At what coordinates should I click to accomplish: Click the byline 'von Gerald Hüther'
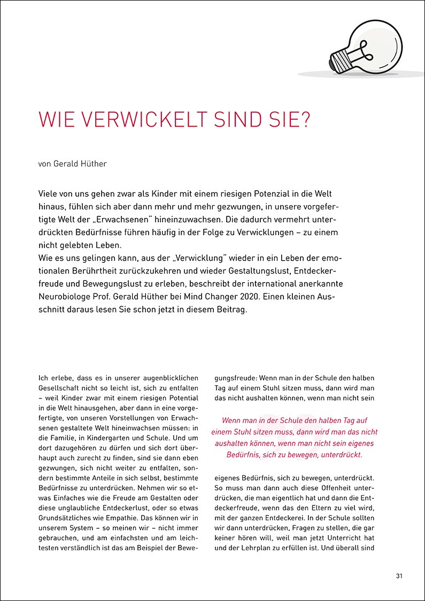click(x=73, y=163)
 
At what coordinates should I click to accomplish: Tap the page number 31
click(x=399, y=576)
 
